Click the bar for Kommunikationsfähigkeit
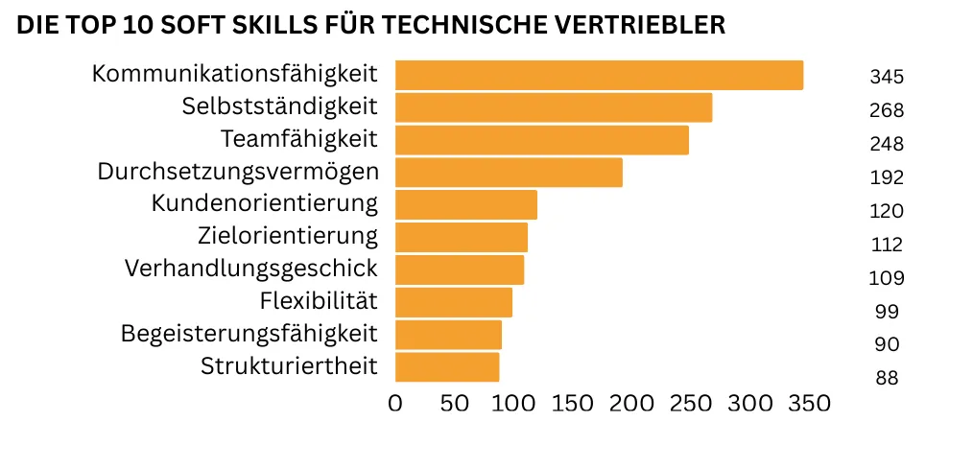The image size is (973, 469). (x=599, y=75)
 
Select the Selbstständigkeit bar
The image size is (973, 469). (x=554, y=107)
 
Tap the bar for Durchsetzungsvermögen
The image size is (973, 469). (x=509, y=173)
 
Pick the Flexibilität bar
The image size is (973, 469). (x=453, y=302)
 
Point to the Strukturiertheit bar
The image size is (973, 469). (x=447, y=367)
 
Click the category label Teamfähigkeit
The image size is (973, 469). (x=299, y=139)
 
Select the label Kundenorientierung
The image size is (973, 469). (x=265, y=203)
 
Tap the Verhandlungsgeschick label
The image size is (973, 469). (x=251, y=269)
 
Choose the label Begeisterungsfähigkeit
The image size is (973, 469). (x=249, y=334)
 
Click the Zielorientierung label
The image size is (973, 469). (x=288, y=236)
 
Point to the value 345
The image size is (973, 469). (x=887, y=77)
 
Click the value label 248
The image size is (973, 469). (x=887, y=144)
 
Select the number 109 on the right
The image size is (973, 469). (x=887, y=278)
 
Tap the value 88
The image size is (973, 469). (x=887, y=378)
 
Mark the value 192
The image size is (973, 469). (x=887, y=177)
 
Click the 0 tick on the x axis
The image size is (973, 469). (x=395, y=404)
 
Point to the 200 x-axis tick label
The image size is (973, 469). (x=632, y=404)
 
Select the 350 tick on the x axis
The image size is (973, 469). (x=809, y=404)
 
